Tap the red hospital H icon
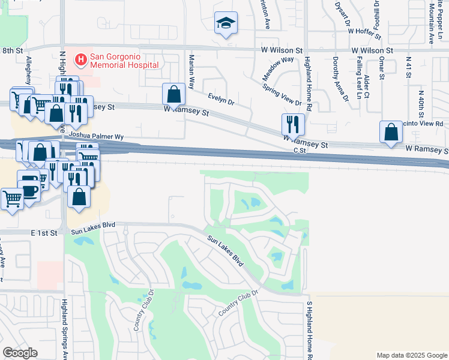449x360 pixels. click(x=80, y=59)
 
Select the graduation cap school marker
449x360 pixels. click(x=226, y=23)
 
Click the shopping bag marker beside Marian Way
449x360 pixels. click(x=173, y=94)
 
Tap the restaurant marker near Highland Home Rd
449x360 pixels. click(x=293, y=124)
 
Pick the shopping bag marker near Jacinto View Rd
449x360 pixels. click(x=391, y=132)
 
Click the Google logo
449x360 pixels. click(x=20, y=353)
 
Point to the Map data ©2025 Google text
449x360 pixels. click(x=411, y=355)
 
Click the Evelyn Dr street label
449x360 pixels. click(x=221, y=98)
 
